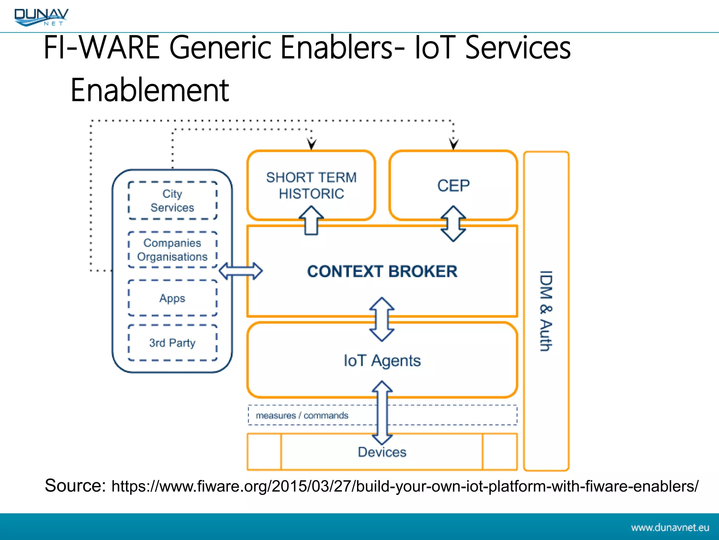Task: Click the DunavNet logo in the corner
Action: (x=41, y=17)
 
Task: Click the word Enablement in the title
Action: (x=150, y=90)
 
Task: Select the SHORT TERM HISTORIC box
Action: (x=311, y=185)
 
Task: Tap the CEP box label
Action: (x=453, y=186)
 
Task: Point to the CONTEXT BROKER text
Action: (x=382, y=271)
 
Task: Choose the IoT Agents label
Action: (x=382, y=361)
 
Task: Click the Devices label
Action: (x=382, y=452)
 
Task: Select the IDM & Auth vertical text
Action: (x=546, y=311)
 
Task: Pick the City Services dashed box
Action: (x=172, y=201)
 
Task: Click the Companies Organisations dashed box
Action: (x=172, y=250)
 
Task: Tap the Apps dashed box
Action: (x=172, y=298)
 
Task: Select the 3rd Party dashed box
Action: (x=172, y=343)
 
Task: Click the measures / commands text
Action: (x=302, y=416)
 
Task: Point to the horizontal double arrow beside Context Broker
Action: (x=240, y=271)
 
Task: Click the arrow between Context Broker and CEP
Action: (x=453, y=224)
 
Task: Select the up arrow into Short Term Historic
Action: (x=311, y=220)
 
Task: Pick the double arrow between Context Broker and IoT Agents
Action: (x=382, y=319)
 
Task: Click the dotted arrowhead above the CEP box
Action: (x=454, y=144)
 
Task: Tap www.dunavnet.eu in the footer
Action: (x=670, y=528)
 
